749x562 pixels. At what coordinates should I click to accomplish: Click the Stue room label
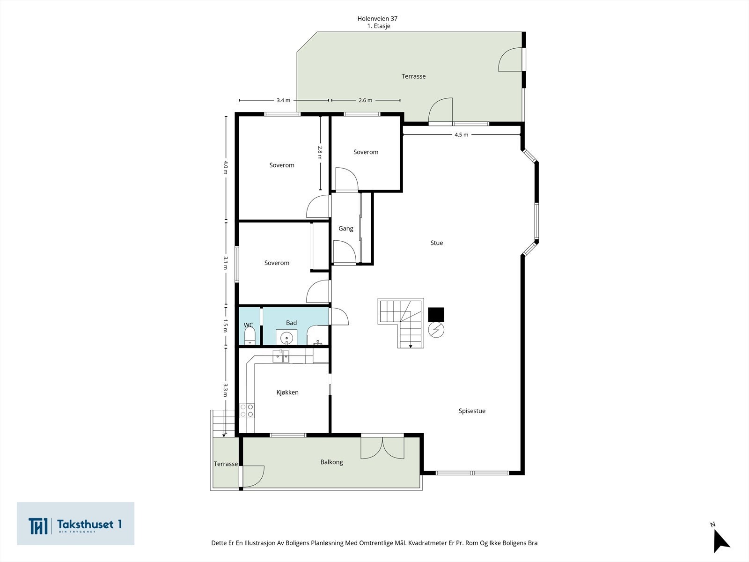click(436, 243)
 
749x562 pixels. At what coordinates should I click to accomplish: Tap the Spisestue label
click(472, 411)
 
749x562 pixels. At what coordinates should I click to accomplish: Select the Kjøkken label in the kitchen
click(287, 392)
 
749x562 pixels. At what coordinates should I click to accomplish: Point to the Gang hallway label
click(345, 229)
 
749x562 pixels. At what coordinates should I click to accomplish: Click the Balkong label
click(331, 462)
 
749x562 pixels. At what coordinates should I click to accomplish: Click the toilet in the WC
click(250, 336)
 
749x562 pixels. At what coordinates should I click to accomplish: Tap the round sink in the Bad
click(286, 338)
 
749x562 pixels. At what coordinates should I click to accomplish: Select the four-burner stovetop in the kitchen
click(247, 411)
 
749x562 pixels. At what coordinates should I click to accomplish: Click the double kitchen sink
click(281, 356)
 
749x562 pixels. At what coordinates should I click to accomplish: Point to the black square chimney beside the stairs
click(436, 315)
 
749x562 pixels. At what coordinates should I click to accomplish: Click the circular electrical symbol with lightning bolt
click(436, 330)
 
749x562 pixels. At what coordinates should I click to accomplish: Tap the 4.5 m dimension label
click(462, 135)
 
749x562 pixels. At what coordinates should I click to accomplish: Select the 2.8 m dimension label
click(320, 153)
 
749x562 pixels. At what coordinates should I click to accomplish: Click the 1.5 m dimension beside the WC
click(225, 326)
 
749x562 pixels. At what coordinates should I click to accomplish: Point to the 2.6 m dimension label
click(365, 100)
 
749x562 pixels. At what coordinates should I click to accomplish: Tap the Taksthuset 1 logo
click(75, 524)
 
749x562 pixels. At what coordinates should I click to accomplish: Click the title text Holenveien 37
click(377, 19)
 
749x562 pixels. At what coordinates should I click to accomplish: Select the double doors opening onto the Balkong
click(382, 447)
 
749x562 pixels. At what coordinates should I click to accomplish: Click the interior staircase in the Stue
click(401, 323)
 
